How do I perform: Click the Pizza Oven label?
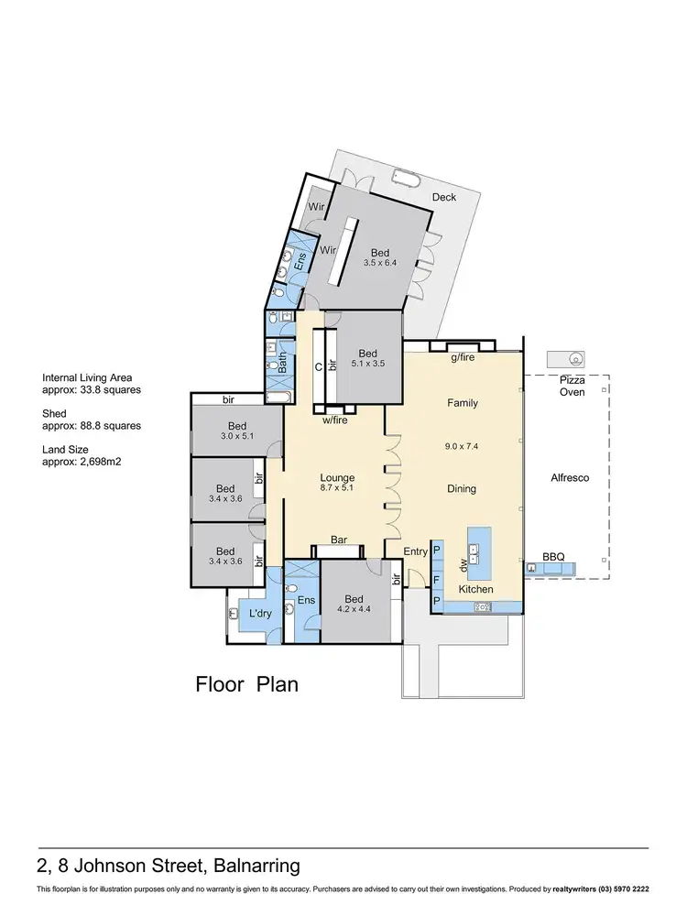(572, 386)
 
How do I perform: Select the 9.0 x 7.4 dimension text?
(463, 446)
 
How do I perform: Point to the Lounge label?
(337, 478)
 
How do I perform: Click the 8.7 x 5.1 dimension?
(337, 490)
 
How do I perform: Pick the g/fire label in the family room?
(462, 358)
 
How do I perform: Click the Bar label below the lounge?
(338, 541)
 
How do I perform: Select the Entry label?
(415, 551)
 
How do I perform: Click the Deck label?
(443, 197)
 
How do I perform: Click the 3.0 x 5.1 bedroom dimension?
(237, 437)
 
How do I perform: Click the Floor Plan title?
(247, 684)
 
